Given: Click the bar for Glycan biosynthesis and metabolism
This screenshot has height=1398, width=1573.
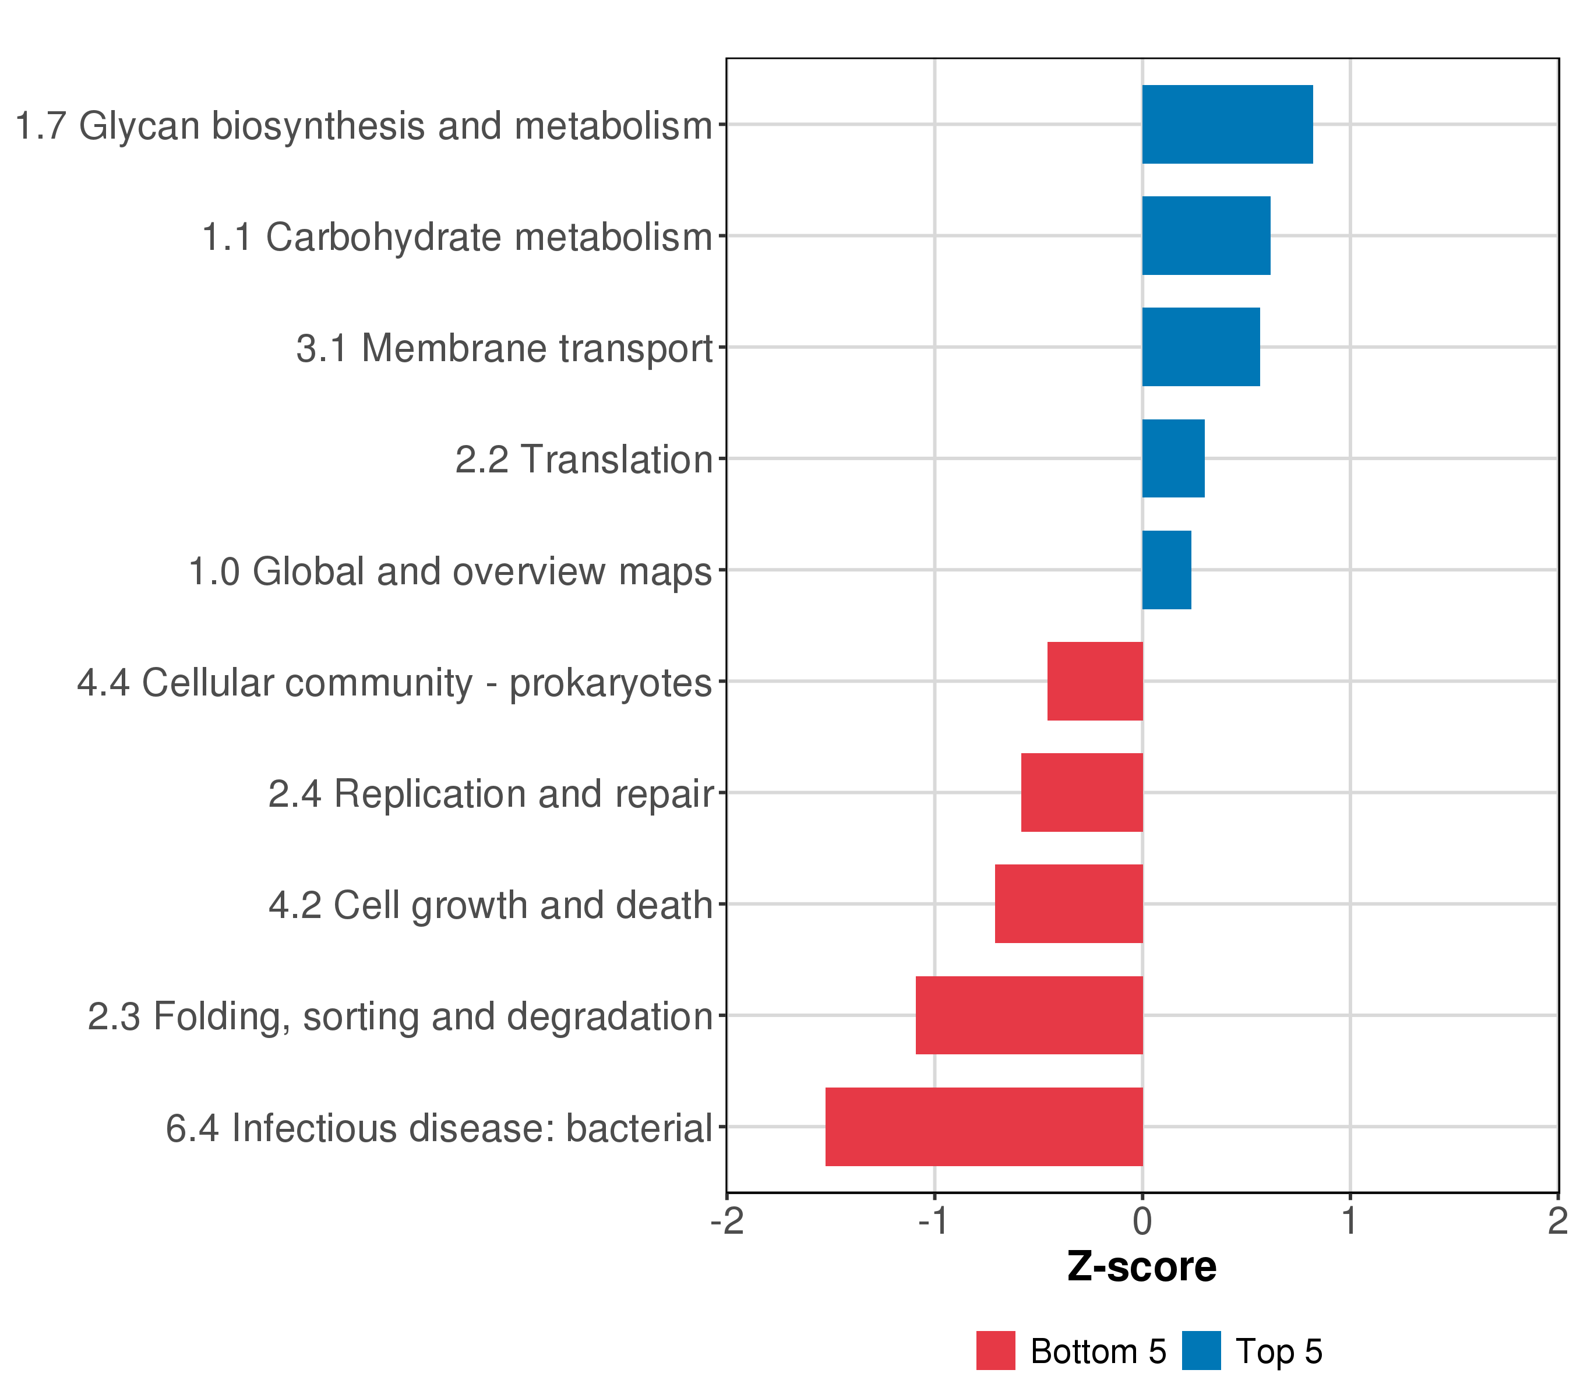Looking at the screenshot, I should pyautogui.click(x=1227, y=124).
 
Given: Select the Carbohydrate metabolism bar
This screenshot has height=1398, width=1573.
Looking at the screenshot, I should pyautogui.click(x=1205, y=235).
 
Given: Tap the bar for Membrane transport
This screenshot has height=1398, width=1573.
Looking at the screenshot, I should pyautogui.click(x=1201, y=347).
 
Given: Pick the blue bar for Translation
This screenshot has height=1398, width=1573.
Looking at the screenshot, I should pyautogui.click(x=1173, y=458).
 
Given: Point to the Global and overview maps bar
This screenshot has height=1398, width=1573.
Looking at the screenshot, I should pyautogui.click(x=1166, y=570).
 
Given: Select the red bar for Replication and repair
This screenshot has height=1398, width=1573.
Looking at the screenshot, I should pyautogui.click(x=1081, y=792).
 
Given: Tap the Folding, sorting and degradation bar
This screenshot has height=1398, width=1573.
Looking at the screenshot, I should pyautogui.click(x=1029, y=1015).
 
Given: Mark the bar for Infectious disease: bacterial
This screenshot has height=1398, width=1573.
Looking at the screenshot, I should pyautogui.click(x=983, y=1127).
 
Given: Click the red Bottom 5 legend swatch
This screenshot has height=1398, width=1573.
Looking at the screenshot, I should pyautogui.click(x=995, y=1350).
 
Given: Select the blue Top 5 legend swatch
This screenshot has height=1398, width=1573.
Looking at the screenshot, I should pyautogui.click(x=1201, y=1350).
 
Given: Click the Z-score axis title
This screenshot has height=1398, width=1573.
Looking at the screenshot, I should pyautogui.click(x=1141, y=1266).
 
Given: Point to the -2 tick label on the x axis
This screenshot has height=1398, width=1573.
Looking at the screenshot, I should pyautogui.click(x=726, y=1221).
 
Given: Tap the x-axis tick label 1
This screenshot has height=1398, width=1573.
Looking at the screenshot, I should pyautogui.click(x=1349, y=1221).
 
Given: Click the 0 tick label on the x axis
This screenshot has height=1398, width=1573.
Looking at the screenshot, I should pyautogui.click(x=1142, y=1221).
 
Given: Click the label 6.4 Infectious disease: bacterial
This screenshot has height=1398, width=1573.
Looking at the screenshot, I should pyautogui.click(x=439, y=1128).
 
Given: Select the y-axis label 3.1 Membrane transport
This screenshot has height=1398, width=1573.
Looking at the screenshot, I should pyautogui.click(x=504, y=348).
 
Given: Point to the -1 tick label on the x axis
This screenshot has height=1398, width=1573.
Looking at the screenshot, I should pyautogui.click(x=933, y=1221).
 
